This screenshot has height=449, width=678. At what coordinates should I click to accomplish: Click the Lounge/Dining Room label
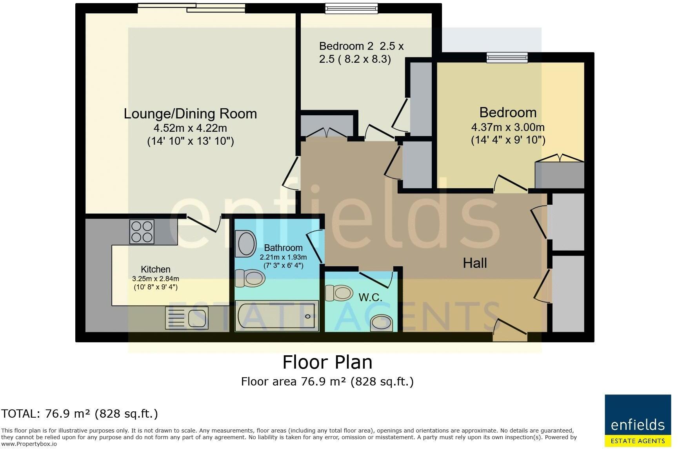190,114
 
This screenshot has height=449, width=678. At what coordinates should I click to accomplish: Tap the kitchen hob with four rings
142,232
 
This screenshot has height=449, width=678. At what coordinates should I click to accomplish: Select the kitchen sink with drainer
187,318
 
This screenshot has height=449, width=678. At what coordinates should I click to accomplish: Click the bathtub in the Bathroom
277,316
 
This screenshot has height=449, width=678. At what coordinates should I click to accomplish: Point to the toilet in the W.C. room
339,293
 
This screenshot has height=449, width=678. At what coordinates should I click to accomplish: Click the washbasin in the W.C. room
381,323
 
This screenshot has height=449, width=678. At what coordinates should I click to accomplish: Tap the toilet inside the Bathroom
250,278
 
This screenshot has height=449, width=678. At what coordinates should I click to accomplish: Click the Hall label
475,263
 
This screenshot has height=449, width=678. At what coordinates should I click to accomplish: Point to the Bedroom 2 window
352,8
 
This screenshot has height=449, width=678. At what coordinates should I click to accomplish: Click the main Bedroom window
507,58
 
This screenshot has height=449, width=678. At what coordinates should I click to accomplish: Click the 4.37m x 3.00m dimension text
508,127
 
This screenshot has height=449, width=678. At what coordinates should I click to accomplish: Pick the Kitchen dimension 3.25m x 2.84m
156,279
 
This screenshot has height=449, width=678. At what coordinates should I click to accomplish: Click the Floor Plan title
327,362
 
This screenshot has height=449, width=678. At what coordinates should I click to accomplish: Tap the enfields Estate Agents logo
638,421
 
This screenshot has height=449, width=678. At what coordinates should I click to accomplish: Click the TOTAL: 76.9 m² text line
80,414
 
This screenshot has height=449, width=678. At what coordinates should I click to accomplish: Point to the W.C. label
370,297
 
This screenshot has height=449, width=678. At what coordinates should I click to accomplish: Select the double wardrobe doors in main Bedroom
560,158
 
